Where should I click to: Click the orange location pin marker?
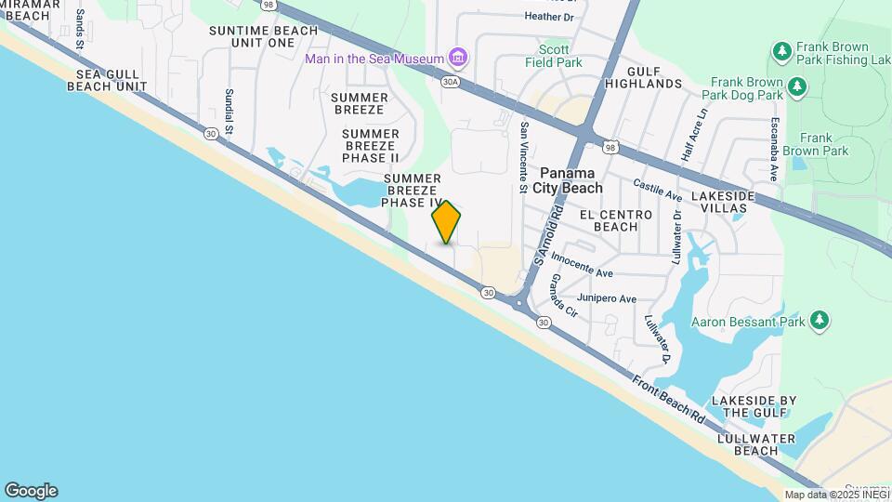click(x=446, y=222)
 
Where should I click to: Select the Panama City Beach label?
click(x=571, y=180)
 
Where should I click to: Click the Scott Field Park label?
click(x=561, y=56)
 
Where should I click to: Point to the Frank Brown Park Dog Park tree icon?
click(x=797, y=87)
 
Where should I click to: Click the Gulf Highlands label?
click(x=655, y=77)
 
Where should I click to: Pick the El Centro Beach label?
click(x=609, y=220)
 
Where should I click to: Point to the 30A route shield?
click(x=452, y=82)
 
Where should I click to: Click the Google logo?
click(x=31, y=491)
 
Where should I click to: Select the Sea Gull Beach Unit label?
click(x=106, y=80)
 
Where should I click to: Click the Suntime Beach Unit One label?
click(x=263, y=36)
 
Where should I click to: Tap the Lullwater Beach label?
click(x=742, y=444)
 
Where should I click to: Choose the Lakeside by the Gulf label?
click(x=754, y=406)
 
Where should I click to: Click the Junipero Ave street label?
click(x=607, y=299)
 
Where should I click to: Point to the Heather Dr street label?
click(x=549, y=16)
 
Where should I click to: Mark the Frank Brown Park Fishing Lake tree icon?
click(x=781, y=49)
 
